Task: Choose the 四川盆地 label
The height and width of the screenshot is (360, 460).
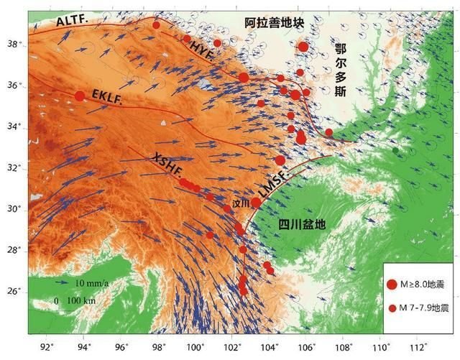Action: pos(302,224)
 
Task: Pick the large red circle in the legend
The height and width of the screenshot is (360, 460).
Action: pos(392,285)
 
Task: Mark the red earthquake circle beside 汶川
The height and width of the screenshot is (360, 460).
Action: pos(256,203)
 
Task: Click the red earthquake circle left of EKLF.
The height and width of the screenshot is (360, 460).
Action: pos(80,96)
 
